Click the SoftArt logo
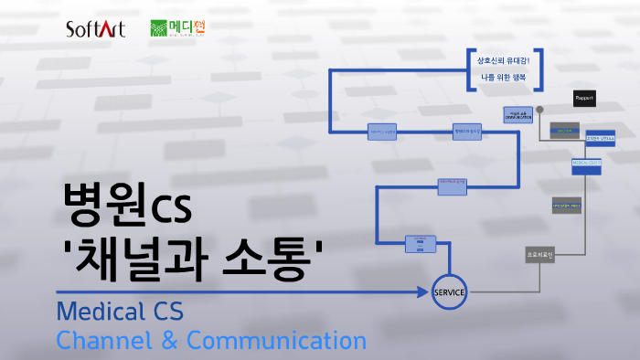click(95, 30)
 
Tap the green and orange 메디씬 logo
click(177, 29)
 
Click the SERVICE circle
click(449, 292)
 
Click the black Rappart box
click(584, 98)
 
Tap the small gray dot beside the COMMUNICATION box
click(539, 110)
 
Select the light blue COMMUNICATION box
click(517, 115)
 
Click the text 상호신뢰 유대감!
click(504, 61)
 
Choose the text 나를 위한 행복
click(504, 79)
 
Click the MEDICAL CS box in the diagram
click(586, 163)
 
